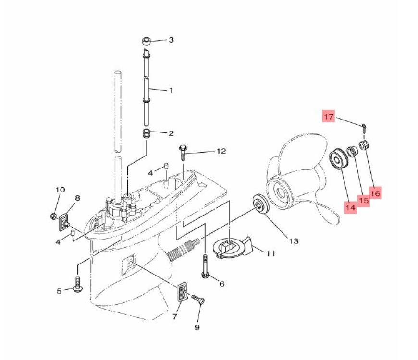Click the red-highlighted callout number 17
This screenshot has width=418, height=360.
point(328,116)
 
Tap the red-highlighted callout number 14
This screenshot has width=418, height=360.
point(350,207)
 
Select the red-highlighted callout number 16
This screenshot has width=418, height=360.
point(375,192)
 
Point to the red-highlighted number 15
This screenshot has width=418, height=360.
point(364,200)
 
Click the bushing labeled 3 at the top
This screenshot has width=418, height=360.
point(147,40)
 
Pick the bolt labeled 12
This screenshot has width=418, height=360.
point(183,153)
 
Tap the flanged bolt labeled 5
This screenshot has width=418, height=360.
point(77,285)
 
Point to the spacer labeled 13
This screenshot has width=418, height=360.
point(259,205)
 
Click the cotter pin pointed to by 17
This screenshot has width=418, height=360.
point(363,128)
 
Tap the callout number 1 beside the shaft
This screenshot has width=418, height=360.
point(171,90)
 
